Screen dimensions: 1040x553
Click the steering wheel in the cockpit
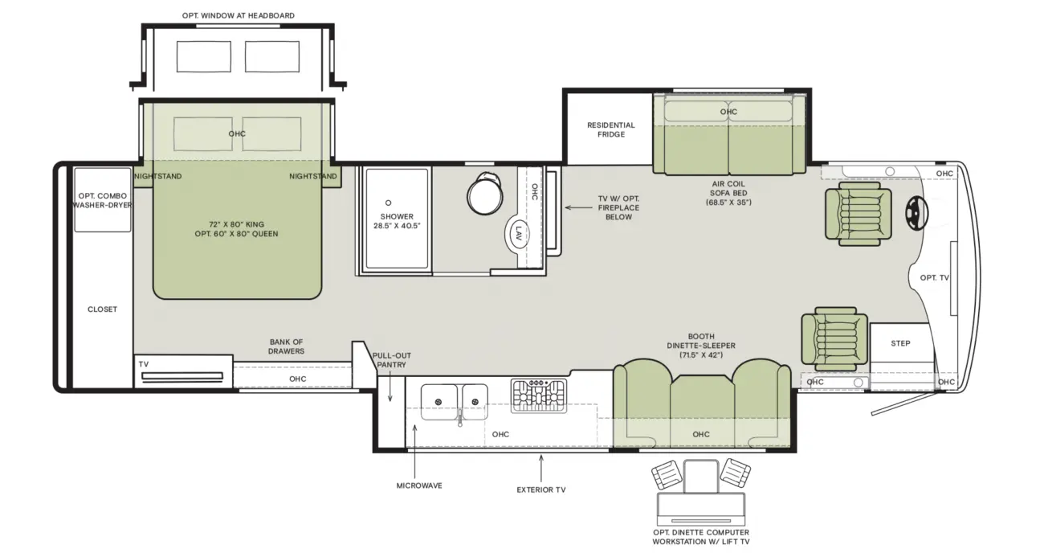[916, 213]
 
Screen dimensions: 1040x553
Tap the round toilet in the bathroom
[485, 195]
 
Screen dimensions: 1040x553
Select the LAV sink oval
[518, 233]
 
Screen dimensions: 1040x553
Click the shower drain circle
[388, 203]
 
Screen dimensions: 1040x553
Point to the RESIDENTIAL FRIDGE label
[611, 129]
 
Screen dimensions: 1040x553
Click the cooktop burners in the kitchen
[539, 396]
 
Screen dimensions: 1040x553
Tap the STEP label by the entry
[900, 343]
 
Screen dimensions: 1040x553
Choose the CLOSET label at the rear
[102, 309]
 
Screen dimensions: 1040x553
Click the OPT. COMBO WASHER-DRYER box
[103, 200]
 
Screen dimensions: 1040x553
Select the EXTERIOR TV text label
[541, 490]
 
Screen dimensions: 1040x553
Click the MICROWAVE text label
[419, 485]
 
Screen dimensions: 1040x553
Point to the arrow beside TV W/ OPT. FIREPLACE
[578, 207]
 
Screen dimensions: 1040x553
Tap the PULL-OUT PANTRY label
[391, 360]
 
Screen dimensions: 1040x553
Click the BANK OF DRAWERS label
[286, 346]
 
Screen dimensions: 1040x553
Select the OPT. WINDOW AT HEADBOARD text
[239, 15]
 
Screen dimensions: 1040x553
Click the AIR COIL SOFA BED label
[728, 193]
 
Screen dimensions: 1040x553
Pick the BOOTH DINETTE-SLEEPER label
[701, 346]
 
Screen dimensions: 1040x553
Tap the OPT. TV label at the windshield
[934, 278]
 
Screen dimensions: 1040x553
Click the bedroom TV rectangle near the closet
[182, 376]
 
